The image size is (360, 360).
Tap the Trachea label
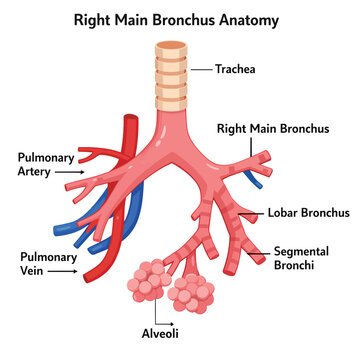coord(235,69)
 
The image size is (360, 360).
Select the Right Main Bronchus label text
coord(273,129)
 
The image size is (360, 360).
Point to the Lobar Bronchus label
coord(309,213)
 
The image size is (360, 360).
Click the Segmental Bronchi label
coord(301,258)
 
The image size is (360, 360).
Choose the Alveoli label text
coord(160,333)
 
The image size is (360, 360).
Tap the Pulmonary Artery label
coord(46,165)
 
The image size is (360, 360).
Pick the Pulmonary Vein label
coord(49,264)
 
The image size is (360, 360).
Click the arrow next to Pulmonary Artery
coord(70,172)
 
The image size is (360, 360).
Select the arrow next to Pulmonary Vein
coord(62,271)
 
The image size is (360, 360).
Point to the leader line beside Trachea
coord(202,70)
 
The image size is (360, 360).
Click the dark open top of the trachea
coord(171,45)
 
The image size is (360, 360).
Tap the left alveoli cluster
coord(148,280)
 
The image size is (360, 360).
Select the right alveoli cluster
coord(191,293)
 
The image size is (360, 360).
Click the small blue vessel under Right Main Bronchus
coord(252,179)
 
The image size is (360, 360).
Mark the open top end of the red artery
coord(131,118)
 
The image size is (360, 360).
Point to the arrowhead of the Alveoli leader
coord(172,324)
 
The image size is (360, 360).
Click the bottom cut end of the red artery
coord(89,276)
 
